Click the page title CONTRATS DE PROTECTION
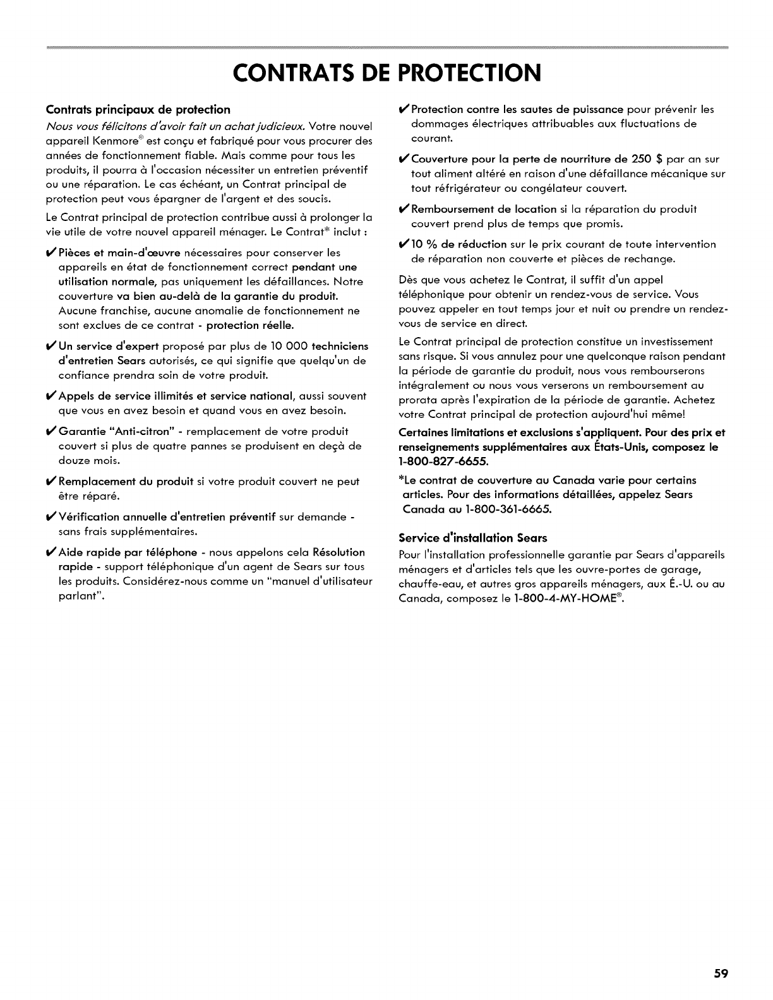pos(386,73)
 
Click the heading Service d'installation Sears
pos(472,538)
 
